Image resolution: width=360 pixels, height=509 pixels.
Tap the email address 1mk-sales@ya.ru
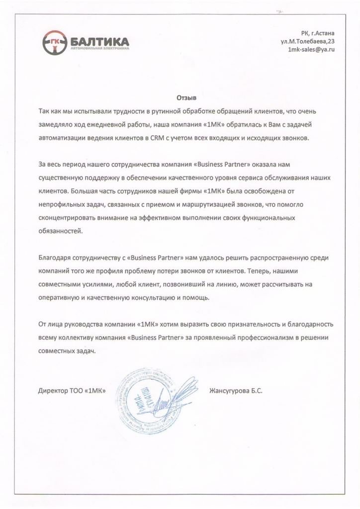click(x=308, y=50)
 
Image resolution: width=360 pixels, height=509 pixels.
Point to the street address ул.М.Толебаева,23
click(x=304, y=41)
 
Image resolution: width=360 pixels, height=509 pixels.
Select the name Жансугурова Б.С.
click(x=237, y=391)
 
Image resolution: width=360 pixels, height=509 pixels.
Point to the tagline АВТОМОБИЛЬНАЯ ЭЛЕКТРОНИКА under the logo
click(x=99, y=49)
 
